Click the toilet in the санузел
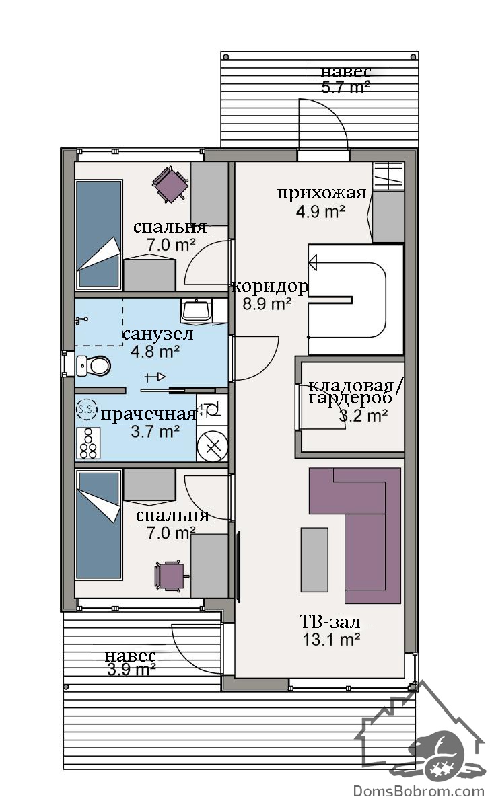tap(94, 366)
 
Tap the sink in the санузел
tap(196, 311)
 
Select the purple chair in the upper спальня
tap(170, 185)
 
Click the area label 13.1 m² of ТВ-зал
tap(331, 640)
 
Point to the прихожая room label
tap(321, 194)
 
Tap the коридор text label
tap(270, 286)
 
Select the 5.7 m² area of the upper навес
tap(345, 87)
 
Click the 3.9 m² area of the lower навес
tap(131, 670)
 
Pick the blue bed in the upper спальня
tap(98, 235)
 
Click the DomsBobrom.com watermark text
tap(419, 791)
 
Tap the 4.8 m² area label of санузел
tap(155, 351)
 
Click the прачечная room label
tap(148, 414)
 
